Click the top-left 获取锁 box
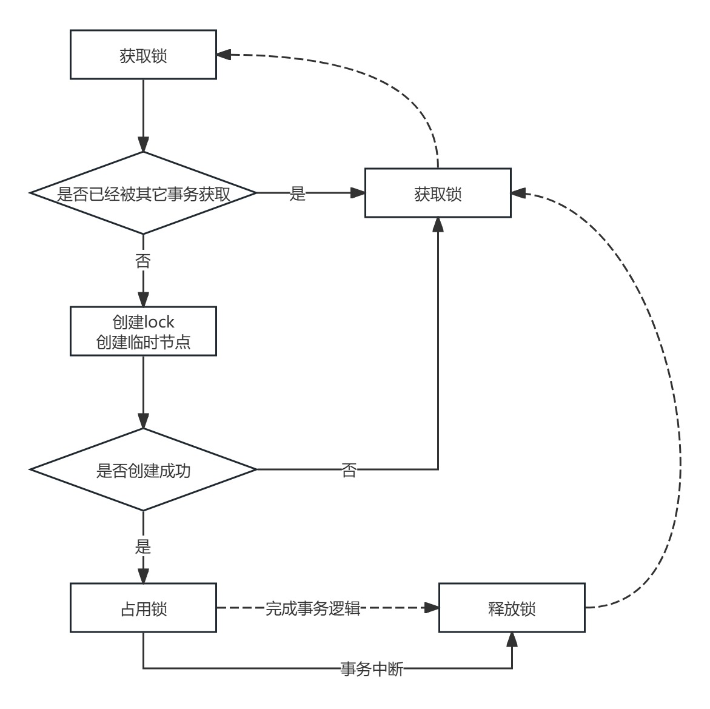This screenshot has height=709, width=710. pos(143,56)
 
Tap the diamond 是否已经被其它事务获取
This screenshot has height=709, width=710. pos(143,193)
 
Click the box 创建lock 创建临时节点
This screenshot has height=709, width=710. pos(143,332)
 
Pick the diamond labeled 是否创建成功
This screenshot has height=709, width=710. pos(143,470)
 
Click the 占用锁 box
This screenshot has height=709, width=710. pos(143,608)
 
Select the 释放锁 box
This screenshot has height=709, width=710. pos(512,608)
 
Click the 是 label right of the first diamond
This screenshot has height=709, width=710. pos(298,194)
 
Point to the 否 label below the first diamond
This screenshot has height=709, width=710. pos(142,262)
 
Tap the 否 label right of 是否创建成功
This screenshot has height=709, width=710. pos(349,470)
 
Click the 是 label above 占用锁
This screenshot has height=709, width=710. pos(142,547)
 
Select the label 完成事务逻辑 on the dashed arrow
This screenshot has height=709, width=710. pos(313,608)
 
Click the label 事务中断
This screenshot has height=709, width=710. pos(371,670)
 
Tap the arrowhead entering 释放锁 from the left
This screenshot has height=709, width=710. pos(432,608)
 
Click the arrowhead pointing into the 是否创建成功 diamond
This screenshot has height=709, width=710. pos(143,421)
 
